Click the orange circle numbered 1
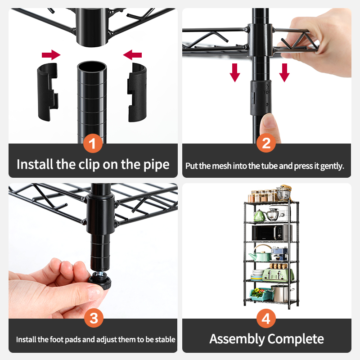coord(93,145)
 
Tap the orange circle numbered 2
coord(266,144)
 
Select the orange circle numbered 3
coord(94,319)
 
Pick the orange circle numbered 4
coord(266,319)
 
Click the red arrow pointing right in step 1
coord(51,55)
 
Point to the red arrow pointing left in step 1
coord(133,55)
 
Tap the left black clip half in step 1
coord(47,92)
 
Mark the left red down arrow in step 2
coord(235,72)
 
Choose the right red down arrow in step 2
coord(284,72)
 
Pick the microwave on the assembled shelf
coord(270,233)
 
